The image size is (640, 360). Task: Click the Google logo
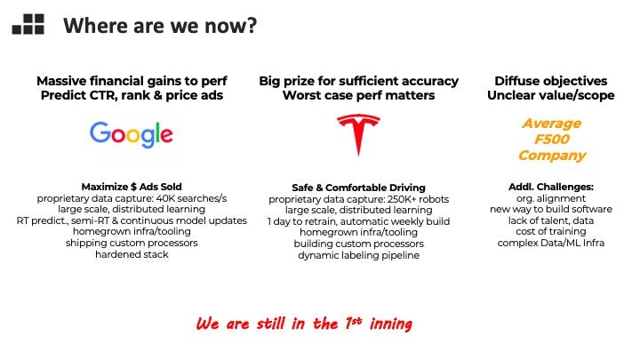(132, 134)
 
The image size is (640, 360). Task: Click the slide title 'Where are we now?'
(160, 25)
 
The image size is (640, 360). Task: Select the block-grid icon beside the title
(28, 24)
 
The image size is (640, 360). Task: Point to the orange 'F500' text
(551, 140)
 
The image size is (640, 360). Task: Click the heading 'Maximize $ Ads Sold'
(132, 187)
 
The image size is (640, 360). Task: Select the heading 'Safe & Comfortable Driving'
(358, 188)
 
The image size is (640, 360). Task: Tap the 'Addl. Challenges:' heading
(551, 187)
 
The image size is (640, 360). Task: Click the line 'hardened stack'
(132, 254)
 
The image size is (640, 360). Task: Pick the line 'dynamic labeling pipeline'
(358, 255)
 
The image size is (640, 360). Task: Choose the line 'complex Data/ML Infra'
(551, 243)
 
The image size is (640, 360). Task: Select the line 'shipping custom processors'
(132, 243)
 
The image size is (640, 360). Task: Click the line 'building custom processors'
(358, 244)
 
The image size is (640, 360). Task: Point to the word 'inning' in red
(390, 324)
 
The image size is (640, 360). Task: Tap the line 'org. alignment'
(551, 198)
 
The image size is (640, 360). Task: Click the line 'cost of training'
(551, 231)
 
